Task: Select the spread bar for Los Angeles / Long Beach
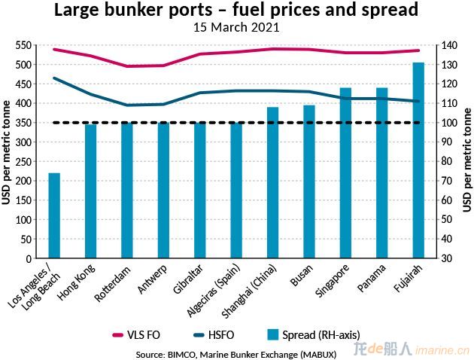[54, 215]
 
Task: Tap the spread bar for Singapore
[345, 173]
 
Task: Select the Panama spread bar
[381, 173]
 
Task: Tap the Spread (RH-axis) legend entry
[314, 334]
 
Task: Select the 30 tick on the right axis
[450, 258]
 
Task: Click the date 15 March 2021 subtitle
[236, 28]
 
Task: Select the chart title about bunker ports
[236, 11]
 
